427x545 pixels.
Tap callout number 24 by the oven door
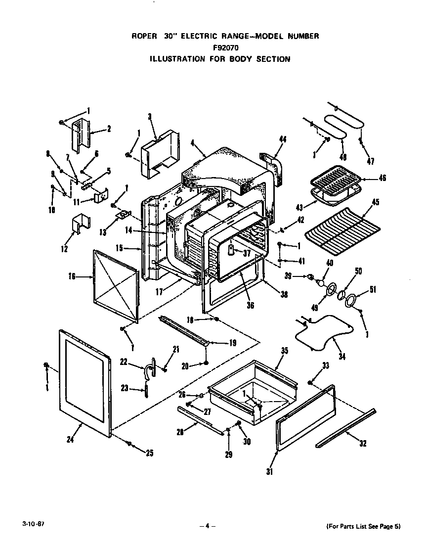click(x=70, y=439)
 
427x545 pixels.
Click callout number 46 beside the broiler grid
click(x=382, y=178)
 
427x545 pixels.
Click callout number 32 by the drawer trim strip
click(x=363, y=444)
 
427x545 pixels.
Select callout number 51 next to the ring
click(x=373, y=289)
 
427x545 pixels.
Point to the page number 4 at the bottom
click(x=208, y=526)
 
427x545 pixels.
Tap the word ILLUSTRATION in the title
click(x=177, y=59)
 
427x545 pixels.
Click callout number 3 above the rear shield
click(x=150, y=117)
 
